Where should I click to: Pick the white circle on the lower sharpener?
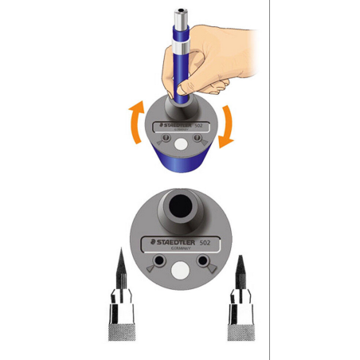pos(181,271)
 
